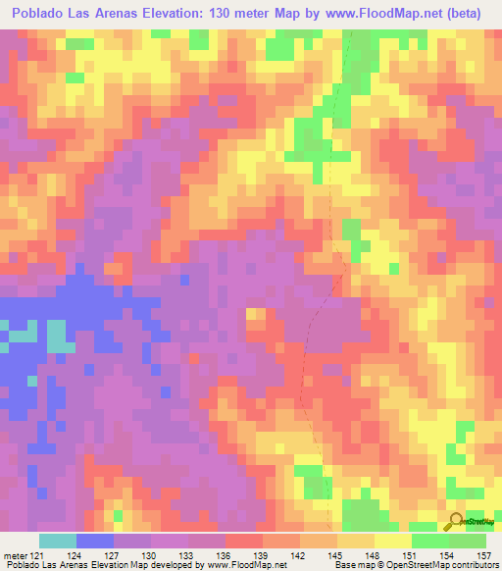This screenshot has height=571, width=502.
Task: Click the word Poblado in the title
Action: (x=44, y=13)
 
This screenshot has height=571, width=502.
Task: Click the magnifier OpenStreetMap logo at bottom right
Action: (x=457, y=521)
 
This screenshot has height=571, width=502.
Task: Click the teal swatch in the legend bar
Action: (x=58, y=541)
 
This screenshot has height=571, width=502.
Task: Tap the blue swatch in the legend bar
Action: (x=95, y=541)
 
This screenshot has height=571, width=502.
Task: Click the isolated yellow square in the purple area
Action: (x=255, y=315)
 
